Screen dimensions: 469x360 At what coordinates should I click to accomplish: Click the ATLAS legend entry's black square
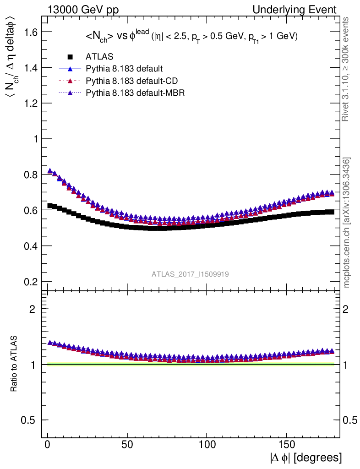point(70,57)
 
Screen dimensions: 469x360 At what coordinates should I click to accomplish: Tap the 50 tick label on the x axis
point(127,445)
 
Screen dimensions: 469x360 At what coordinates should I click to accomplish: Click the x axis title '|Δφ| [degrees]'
point(306,458)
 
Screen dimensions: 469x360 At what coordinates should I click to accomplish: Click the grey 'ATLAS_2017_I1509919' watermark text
point(191,274)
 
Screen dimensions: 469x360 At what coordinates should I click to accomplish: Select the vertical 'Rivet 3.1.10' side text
point(346,69)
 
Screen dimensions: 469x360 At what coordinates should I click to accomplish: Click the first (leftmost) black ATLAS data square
point(50,206)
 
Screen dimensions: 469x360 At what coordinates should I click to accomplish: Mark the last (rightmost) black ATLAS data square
point(331,212)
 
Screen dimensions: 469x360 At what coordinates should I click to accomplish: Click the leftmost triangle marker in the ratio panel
point(50,342)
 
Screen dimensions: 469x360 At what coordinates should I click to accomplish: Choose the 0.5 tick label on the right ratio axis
point(351,420)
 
